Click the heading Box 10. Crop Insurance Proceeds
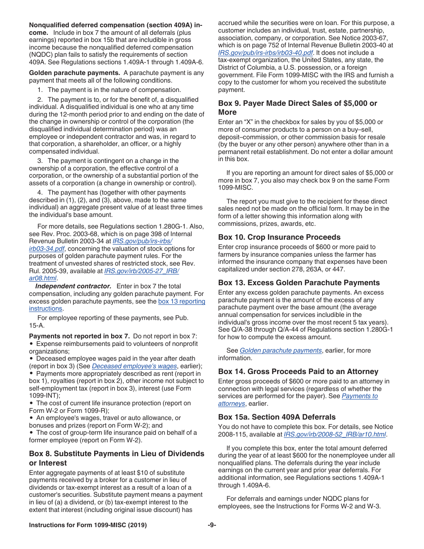pos(279,237)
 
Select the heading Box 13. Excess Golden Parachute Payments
pos(299,283)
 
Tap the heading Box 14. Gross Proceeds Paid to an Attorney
pos(298,371)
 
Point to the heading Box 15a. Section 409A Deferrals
pos(277,417)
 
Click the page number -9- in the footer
pos(212,525)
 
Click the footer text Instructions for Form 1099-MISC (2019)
pos(87,525)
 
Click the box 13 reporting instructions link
pos(181,301)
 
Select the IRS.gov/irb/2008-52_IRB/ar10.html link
pos(335,434)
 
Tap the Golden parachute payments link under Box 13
pos(280,350)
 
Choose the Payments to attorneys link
pos(359,396)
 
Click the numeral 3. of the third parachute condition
pos(40,161)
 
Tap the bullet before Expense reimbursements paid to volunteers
pos(31,344)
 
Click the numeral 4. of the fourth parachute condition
pos(40,192)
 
